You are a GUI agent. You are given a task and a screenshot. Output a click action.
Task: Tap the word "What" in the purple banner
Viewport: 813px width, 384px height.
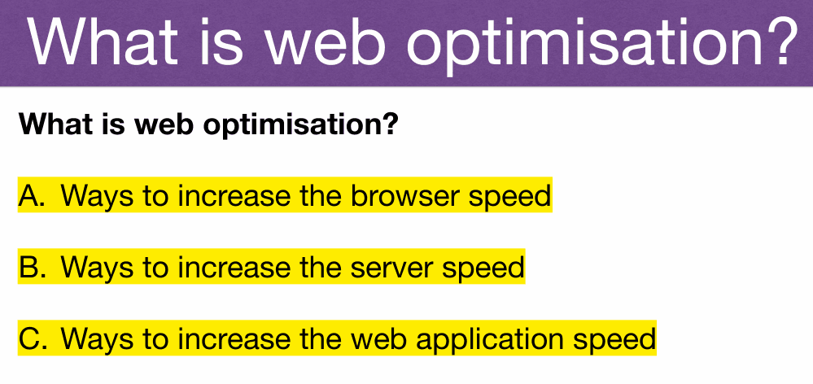point(100,41)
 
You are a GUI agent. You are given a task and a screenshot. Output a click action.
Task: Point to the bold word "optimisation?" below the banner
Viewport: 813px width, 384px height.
point(300,124)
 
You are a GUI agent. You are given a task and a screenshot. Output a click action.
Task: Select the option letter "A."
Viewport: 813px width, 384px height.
point(33,196)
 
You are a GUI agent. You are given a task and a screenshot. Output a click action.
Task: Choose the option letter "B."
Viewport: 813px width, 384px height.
point(33,268)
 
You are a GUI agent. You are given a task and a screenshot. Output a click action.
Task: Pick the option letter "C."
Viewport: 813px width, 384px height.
point(33,339)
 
